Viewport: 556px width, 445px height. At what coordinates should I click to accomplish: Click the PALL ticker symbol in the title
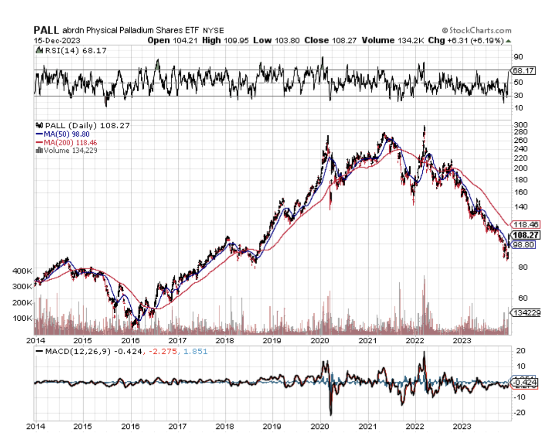click(x=46, y=30)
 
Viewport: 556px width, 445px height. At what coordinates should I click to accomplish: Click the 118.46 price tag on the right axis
click(x=523, y=225)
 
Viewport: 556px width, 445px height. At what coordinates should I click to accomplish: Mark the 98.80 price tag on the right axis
click(x=523, y=245)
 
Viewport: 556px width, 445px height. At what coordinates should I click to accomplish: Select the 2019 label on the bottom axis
click(x=272, y=426)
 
